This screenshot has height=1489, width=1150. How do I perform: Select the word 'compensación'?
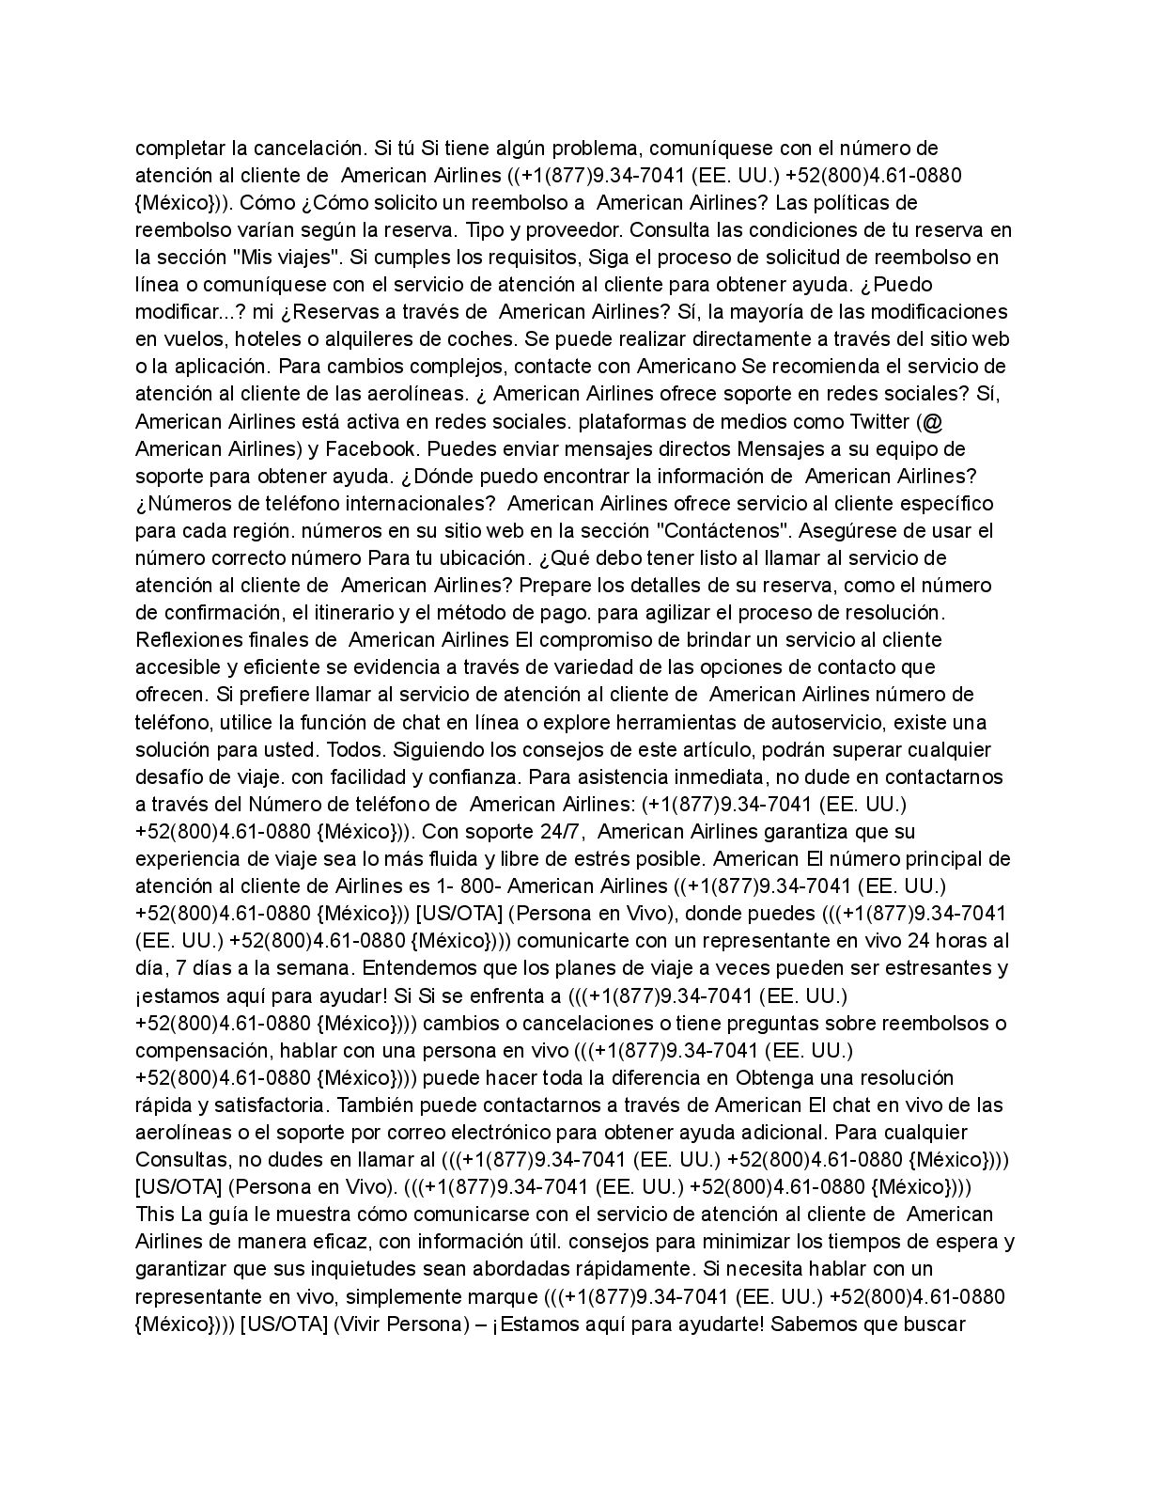[194, 1050]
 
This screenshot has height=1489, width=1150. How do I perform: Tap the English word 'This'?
[155, 1215]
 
